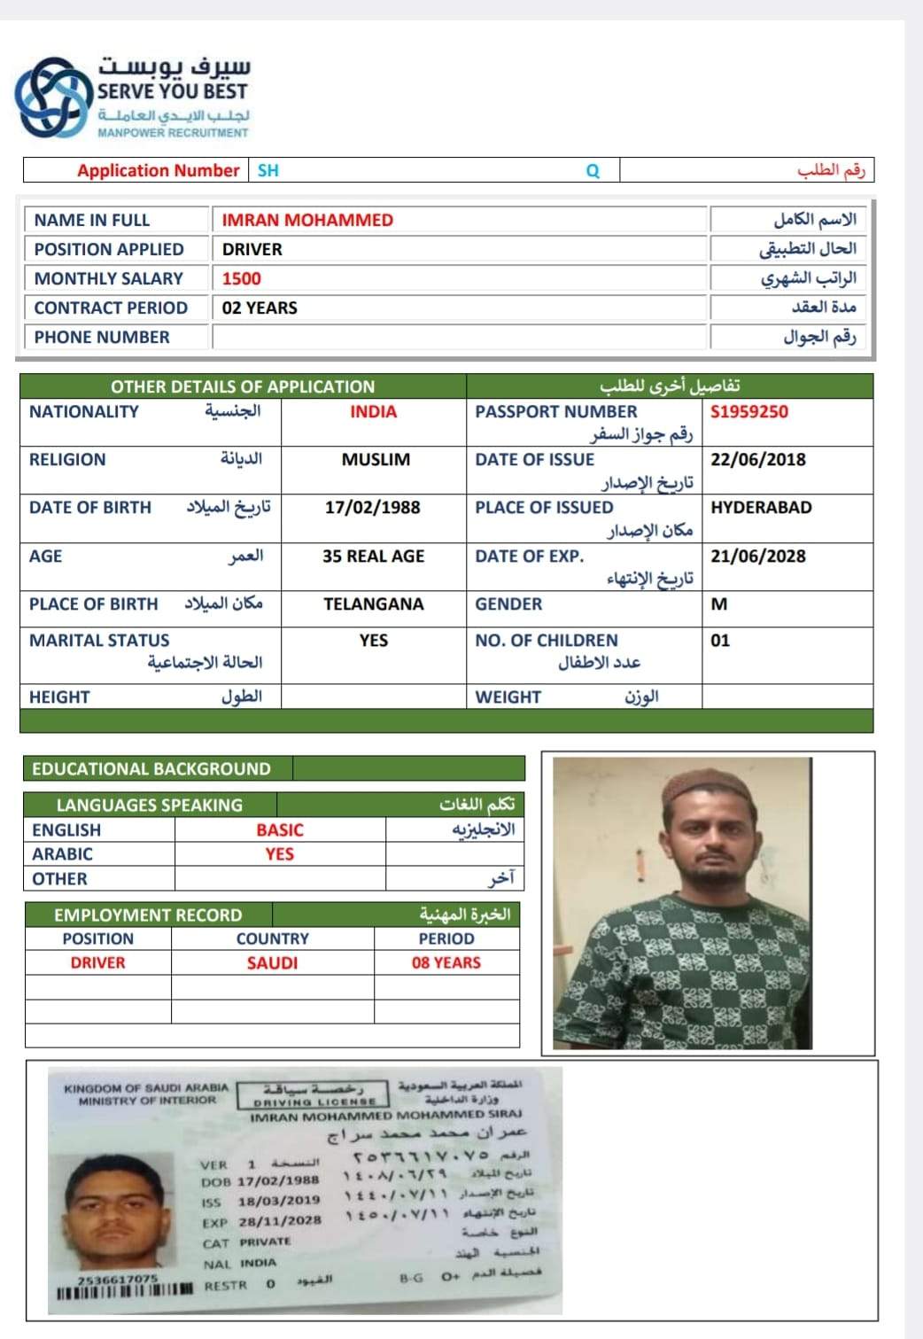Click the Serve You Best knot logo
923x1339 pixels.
[x=54, y=97]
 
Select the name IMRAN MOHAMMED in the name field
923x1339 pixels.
[x=307, y=220]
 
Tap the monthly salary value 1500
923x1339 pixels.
[x=242, y=278]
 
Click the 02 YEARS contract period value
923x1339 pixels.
[x=260, y=308]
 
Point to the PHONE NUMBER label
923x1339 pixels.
[x=102, y=337]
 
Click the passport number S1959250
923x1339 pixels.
[x=749, y=411]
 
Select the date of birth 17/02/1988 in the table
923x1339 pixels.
[x=372, y=507]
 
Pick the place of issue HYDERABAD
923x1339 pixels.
[x=761, y=507]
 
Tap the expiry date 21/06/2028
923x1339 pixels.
[x=758, y=556]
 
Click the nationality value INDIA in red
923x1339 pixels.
[x=373, y=411]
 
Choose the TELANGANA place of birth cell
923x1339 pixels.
[x=373, y=603]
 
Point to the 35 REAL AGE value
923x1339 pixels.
[x=373, y=556]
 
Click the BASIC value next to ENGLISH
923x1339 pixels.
[x=280, y=829]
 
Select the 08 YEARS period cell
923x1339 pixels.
[x=446, y=962]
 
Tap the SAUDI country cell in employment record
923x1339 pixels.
[x=272, y=962]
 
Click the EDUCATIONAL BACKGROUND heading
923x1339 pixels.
[x=151, y=768]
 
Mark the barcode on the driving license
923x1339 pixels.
[x=124, y=1288]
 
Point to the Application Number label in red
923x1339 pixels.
[x=158, y=170]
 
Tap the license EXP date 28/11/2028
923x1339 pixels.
[x=279, y=1221]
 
